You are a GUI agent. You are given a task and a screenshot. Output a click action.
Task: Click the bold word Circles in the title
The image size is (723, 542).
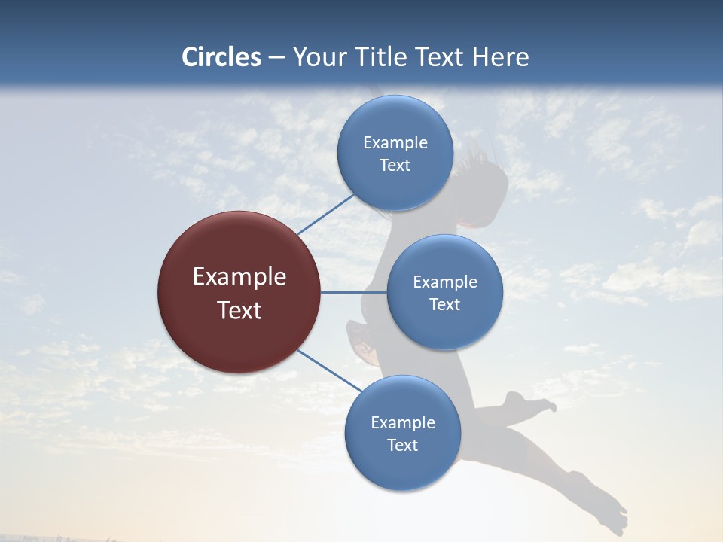tap(221, 57)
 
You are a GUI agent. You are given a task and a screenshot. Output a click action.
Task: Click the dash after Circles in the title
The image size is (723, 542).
tap(276, 58)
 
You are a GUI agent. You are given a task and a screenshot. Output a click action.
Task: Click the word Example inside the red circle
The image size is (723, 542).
tap(239, 277)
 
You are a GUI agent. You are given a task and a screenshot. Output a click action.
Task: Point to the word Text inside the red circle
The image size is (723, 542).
tap(239, 310)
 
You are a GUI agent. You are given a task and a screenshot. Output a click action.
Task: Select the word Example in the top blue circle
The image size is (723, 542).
tap(395, 143)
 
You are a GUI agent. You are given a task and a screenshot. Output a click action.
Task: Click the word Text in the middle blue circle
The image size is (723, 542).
tap(444, 304)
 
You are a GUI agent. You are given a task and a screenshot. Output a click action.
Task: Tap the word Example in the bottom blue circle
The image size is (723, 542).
tap(402, 422)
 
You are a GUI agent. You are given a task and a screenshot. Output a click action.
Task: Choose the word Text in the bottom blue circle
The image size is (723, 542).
tap(402, 445)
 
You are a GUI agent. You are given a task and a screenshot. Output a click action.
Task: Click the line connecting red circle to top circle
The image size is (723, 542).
tap(325, 215)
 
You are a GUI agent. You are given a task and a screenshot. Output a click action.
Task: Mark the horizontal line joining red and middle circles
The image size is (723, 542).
tap(353, 292)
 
